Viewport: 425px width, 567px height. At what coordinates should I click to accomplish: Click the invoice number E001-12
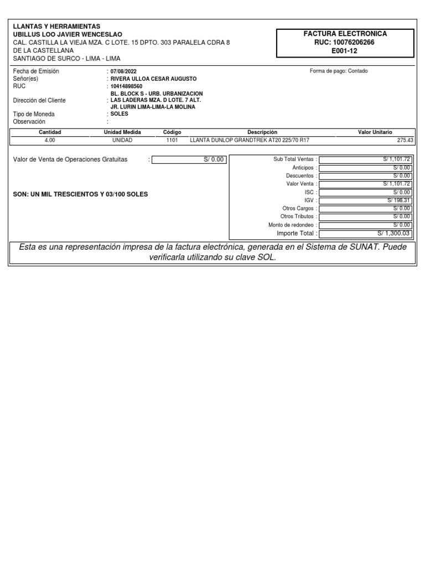click(345, 50)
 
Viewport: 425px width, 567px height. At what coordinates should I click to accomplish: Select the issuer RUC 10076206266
click(345, 42)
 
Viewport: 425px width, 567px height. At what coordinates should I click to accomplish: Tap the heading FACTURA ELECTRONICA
click(345, 34)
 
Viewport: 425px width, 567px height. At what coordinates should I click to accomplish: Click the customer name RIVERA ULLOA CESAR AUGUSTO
click(153, 79)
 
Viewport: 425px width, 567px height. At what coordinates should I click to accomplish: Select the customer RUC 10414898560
click(126, 86)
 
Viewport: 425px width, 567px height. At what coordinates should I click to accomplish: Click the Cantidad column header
click(50, 132)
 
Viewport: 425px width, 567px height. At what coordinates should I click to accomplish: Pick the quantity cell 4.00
click(50, 140)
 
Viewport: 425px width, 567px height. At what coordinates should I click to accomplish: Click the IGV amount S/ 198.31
click(365, 200)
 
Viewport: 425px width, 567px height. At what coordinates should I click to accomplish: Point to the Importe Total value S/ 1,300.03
click(365, 233)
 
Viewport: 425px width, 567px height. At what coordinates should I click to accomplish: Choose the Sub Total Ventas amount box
click(365, 159)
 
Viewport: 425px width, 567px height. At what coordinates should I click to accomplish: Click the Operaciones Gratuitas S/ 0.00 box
click(188, 159)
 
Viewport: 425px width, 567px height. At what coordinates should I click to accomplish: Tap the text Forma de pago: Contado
click(339, 71)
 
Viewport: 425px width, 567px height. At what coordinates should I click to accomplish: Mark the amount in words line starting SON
click(80, 194)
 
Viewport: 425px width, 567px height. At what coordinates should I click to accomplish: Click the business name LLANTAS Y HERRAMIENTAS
click(57, 27)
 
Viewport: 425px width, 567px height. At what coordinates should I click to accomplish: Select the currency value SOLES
click(120, 114)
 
